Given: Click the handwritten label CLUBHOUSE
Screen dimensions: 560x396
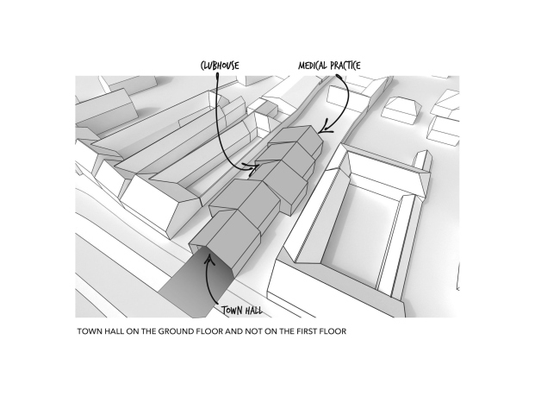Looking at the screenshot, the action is tap(220, 66).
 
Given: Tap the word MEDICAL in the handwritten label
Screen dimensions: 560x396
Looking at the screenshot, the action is tap(313, 66).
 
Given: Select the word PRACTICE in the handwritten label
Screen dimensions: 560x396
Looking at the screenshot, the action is tap(345, 66).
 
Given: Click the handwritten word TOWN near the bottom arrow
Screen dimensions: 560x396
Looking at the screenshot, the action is tap(232, 310).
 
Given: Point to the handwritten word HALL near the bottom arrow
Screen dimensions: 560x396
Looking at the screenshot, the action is tap(253, 311).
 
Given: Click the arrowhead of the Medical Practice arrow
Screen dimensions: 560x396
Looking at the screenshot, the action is tap(326, 129).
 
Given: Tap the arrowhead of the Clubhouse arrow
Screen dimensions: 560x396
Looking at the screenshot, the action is tap(252, 167).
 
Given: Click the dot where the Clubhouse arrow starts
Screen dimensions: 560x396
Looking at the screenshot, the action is tap(217, 76).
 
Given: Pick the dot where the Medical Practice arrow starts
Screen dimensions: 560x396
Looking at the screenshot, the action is tap(339, 76).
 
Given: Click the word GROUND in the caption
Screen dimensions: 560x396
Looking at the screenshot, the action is tap(172, 331).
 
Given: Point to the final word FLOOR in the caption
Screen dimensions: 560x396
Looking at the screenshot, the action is tap(334, 331).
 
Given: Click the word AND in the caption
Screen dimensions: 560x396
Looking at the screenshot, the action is tap(233, 331).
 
